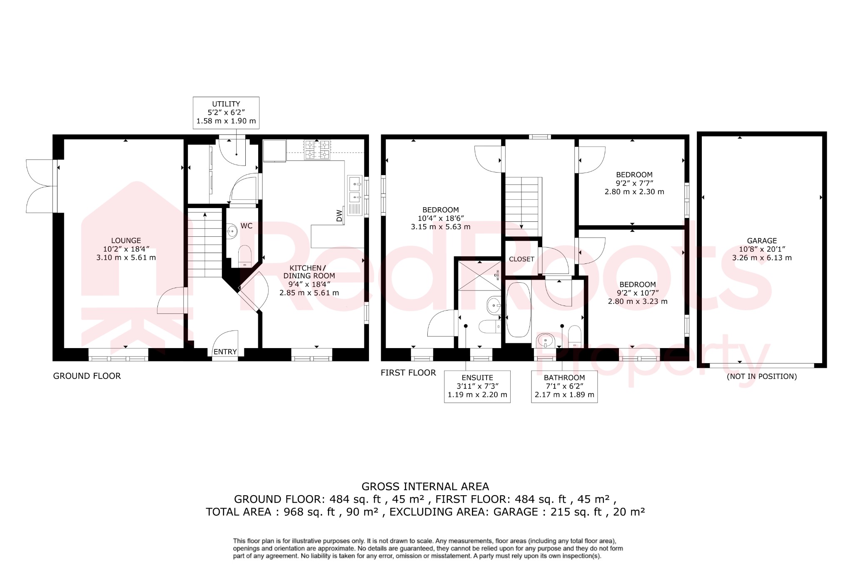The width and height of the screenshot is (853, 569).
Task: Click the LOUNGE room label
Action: click(x=126, y=241)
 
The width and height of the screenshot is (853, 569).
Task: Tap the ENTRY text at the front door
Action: click(x=225, y=352)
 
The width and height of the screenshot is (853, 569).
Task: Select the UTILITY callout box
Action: click(x=226, y=112)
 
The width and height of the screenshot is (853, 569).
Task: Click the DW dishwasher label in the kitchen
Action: click(x=339, y=216)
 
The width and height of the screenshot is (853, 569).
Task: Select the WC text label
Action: click(x=247, y=226)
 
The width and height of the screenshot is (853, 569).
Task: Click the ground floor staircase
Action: click(x=205, y=244)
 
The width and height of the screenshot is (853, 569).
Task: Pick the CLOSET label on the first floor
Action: click(x=521, y=259)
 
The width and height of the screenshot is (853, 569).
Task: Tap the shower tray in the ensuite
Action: click(x=479, y=276)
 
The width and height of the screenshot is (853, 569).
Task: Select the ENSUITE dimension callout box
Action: click(x=477, y=386)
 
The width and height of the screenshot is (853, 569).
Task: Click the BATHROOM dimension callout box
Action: click(x=564, y=386)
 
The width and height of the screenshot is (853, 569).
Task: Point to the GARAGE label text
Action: click(x=762, y=241)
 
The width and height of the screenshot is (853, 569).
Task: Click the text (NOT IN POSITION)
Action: click(x=762, y=376)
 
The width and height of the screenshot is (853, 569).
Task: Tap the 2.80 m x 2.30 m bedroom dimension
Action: click(x=634, y=192)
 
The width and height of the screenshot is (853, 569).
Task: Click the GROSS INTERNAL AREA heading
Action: click(x=425, y=486)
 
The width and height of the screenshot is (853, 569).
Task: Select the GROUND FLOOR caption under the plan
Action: click(x=87, y=376)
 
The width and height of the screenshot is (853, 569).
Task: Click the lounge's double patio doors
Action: click(x=40, y=186)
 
